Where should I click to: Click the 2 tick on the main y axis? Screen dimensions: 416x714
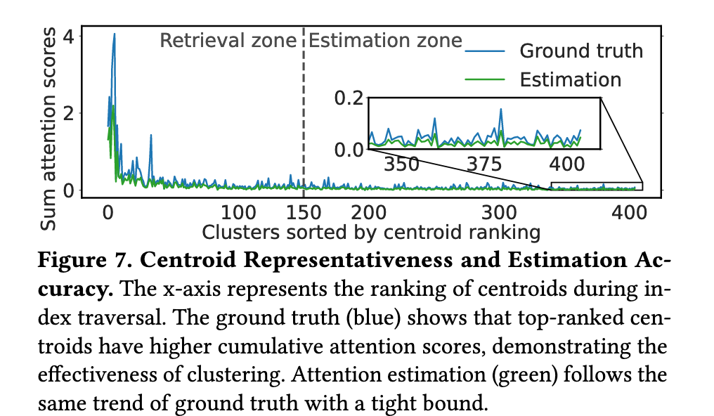[x=68, y=112]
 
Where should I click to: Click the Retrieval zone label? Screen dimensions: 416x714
[x=228, y=41]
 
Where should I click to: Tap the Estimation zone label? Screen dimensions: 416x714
[x=385, y=41]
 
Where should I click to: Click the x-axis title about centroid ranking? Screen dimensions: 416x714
[x=371, y=232]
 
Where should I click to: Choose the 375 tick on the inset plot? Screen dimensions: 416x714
[x=484, y=164]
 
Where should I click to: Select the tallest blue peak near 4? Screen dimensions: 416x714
[x=114, y=34]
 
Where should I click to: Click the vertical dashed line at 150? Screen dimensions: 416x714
[x=304, y=112]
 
